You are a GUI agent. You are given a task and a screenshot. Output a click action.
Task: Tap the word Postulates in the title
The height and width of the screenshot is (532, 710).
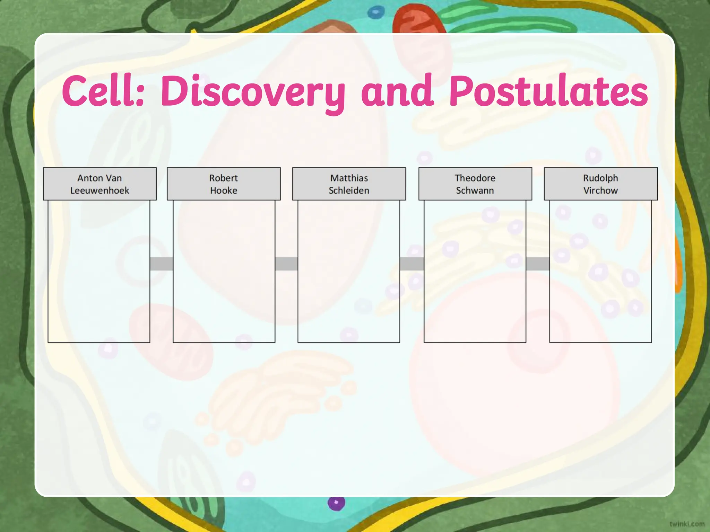tap(548, 91)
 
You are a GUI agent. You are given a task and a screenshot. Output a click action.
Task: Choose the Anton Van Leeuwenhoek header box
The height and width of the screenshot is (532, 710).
tap(100, 184)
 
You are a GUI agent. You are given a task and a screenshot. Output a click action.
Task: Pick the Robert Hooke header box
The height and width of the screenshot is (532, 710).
tap(224, 184)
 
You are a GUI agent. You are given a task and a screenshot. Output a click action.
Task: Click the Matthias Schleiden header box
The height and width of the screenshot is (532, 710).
tap(349, 184)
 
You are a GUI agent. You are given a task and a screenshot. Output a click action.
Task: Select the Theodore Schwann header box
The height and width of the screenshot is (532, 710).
tap(475, 184)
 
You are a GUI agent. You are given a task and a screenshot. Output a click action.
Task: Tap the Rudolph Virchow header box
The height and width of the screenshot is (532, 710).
tap(600, 184)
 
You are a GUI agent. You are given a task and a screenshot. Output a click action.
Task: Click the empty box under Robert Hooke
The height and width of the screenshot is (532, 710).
tap(224, 271)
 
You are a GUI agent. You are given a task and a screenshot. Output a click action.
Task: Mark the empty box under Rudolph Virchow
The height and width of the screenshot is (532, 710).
tap(600, 271)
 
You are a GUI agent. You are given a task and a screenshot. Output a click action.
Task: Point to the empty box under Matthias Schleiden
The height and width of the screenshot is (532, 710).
tap(349, 271)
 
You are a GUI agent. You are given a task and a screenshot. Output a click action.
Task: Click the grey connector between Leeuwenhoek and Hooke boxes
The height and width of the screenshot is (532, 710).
tap(162, 264)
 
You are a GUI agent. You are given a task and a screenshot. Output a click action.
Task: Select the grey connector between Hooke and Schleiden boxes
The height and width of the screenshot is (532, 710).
tap(286, 264)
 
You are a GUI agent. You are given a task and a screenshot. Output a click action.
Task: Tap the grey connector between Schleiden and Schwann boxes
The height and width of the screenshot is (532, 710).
tap(412, 264)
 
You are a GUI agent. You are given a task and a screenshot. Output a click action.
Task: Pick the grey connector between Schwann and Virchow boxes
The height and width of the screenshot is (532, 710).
tap(538, 264)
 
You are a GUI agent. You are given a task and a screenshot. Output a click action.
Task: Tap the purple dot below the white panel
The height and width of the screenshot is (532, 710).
tap(336, 503)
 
